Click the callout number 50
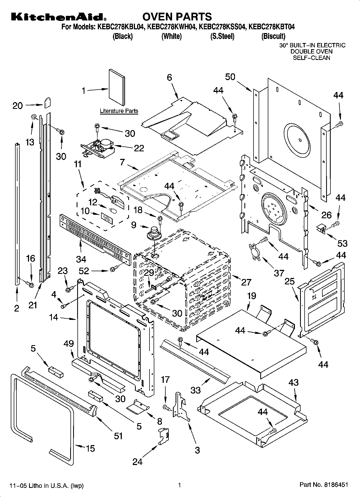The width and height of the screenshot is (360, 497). point(230,77)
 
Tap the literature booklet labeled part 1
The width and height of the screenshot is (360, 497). point(117,88)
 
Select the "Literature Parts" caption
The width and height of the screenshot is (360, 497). point(119,111)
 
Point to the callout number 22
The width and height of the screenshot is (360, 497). point(139,148)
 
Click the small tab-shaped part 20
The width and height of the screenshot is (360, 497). point(47,102)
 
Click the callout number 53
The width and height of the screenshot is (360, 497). point(342,243)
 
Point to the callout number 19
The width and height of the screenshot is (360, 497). point(251,296)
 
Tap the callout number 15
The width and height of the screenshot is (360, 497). point(90,448)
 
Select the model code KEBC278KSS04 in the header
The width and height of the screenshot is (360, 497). point(222,27)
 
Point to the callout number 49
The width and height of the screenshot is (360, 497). point(69,344)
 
